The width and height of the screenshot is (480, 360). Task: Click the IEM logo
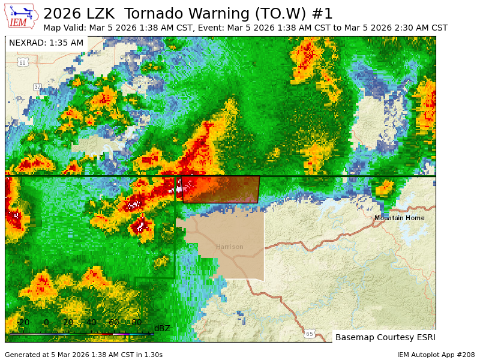(22, 16)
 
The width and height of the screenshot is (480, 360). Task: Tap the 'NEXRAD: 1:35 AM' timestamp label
(46, 43)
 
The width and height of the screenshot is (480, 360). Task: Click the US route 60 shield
(22, 62)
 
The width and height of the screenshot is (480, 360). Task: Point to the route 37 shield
(38, 87)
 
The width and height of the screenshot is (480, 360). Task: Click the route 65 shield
(309, 334)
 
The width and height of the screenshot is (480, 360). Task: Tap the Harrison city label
(230, 247)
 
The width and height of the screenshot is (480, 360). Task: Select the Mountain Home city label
(399, 218)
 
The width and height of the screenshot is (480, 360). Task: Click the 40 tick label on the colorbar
(91, 323)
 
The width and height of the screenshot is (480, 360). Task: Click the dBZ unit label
(162, 328)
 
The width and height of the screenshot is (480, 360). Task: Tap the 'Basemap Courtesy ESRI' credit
(385, 337)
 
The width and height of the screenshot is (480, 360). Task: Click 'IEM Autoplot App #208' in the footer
(436, 355)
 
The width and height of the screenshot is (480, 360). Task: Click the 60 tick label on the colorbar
(113, 323)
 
